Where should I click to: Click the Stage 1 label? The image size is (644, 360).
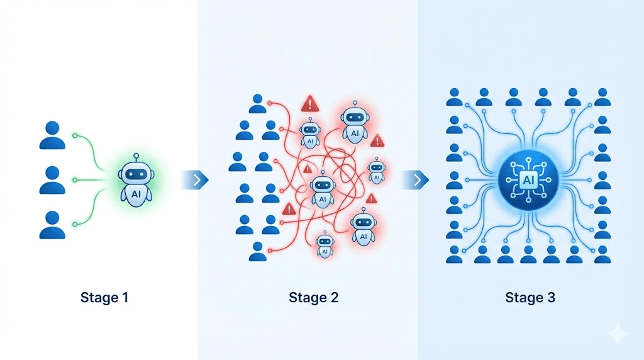tap(104, 297)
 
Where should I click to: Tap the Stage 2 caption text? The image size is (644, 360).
tap(314, 297)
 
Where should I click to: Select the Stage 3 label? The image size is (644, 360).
tap(530, 297)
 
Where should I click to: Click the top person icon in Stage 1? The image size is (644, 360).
tap(52, 135)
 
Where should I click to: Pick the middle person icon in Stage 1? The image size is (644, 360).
tap(52, 180)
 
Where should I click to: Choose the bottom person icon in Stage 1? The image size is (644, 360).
tap(52, 225)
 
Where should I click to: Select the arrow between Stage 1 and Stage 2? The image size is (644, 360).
tap(195, 180)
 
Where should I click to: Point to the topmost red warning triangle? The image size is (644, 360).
tap(309, 104)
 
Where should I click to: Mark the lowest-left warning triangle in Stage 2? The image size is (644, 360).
tap(289, 208)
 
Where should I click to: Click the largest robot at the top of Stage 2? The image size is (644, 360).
tap(355, 123)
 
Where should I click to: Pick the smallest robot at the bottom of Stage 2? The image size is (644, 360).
tap(325, 245)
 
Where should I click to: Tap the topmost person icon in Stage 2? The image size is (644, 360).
tap(257, 104)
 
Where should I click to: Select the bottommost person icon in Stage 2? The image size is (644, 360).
tap(257, 251)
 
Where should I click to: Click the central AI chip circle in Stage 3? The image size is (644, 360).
tap(528, 181)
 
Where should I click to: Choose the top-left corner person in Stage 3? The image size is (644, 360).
tap(454, 97)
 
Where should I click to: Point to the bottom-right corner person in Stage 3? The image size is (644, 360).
tap(602, 254)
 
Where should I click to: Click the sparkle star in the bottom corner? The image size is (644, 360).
tap(617, 334)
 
